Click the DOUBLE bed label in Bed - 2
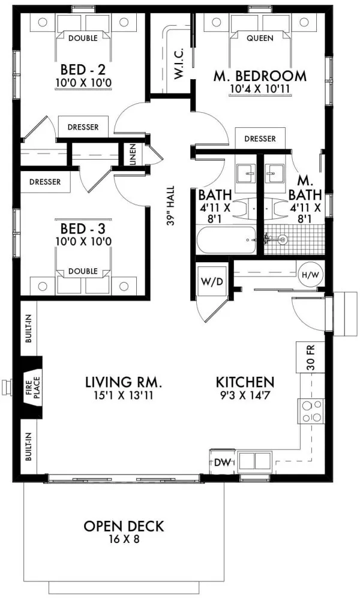click(83, 38)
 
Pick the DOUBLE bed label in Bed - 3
click(83, 271)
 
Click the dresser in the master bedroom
click(260, 139)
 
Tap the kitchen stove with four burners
click(311, 412)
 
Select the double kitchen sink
click(255, 461)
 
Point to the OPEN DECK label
click(124, 527)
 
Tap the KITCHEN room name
click(245, 382)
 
